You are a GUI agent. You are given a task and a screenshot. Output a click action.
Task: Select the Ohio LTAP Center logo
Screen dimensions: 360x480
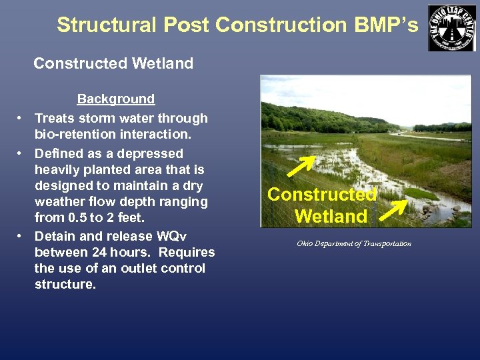coord(452,27)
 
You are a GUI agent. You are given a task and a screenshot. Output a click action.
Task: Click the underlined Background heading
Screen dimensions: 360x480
coord(116,99)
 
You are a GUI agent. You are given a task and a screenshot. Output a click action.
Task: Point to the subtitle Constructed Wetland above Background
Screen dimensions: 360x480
coord(113,64)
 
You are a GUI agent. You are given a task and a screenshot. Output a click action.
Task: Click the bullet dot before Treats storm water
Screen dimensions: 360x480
coord(21,119)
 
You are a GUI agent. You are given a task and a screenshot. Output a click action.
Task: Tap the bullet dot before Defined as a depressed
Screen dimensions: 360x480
coord(21,153)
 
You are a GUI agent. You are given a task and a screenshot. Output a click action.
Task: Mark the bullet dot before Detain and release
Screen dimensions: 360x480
coord(21,236)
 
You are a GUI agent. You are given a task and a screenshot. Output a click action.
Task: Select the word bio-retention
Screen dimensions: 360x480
coord(72,135)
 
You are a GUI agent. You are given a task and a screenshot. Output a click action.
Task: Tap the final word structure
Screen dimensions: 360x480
coord(65,285)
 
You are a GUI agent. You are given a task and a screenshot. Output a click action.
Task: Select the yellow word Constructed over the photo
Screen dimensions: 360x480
coord(322,195)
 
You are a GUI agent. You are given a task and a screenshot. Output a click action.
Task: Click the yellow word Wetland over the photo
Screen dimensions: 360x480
coord(331,216)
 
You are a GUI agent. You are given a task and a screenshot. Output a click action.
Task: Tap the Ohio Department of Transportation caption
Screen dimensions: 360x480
coord(354,243)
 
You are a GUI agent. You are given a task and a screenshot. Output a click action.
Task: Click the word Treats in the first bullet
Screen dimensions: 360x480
coord(55,119)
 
